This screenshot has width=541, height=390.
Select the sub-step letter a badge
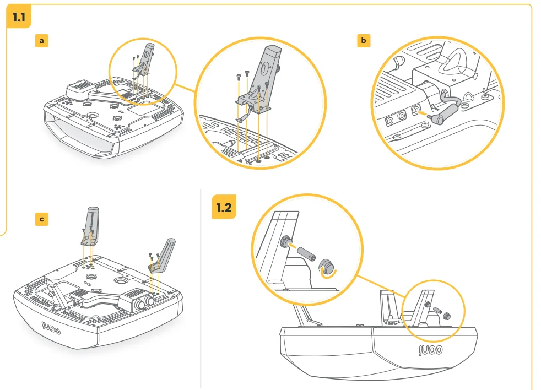pos(41,41)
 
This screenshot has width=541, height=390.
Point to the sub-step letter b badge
pos(363,41)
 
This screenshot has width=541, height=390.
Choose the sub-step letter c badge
pos(41,219)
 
